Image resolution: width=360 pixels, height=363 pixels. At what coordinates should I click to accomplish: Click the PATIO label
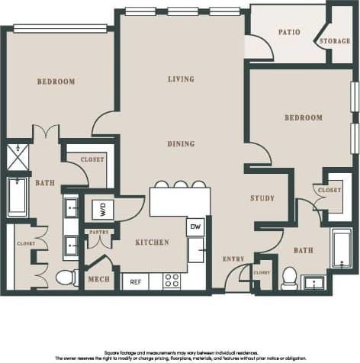(289, 32)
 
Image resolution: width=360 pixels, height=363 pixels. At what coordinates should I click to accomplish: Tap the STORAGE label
(335, 40)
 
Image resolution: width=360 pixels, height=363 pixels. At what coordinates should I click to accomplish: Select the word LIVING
(181, 79)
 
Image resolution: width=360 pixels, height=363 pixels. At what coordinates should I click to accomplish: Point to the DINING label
(181, 143)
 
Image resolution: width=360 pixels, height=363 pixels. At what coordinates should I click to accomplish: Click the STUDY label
(262, 198)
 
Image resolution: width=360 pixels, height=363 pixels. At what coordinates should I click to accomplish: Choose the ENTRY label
(233, 259)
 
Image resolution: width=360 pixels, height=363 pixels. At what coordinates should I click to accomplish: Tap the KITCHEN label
(152, 243)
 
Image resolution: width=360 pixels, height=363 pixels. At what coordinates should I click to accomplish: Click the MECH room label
(99, 280)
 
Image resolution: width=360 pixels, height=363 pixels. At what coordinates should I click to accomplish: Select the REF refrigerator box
(137, 281)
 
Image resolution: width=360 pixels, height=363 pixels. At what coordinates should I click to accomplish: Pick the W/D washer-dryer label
(101, 207)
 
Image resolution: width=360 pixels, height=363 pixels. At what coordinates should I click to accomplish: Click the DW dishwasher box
(194, 226)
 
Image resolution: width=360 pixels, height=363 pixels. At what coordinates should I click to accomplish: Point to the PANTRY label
(99, 232)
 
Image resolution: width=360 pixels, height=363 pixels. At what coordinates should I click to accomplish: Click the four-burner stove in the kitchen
(172, 280)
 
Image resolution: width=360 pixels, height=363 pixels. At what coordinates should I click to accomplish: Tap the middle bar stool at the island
(179, 184)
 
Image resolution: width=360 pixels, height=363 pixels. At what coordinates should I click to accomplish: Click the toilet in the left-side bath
(67, 277)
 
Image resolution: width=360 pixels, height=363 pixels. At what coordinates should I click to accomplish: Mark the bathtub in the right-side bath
(340, 248)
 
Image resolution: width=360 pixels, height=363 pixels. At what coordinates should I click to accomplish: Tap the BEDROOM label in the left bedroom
(56, 82)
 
